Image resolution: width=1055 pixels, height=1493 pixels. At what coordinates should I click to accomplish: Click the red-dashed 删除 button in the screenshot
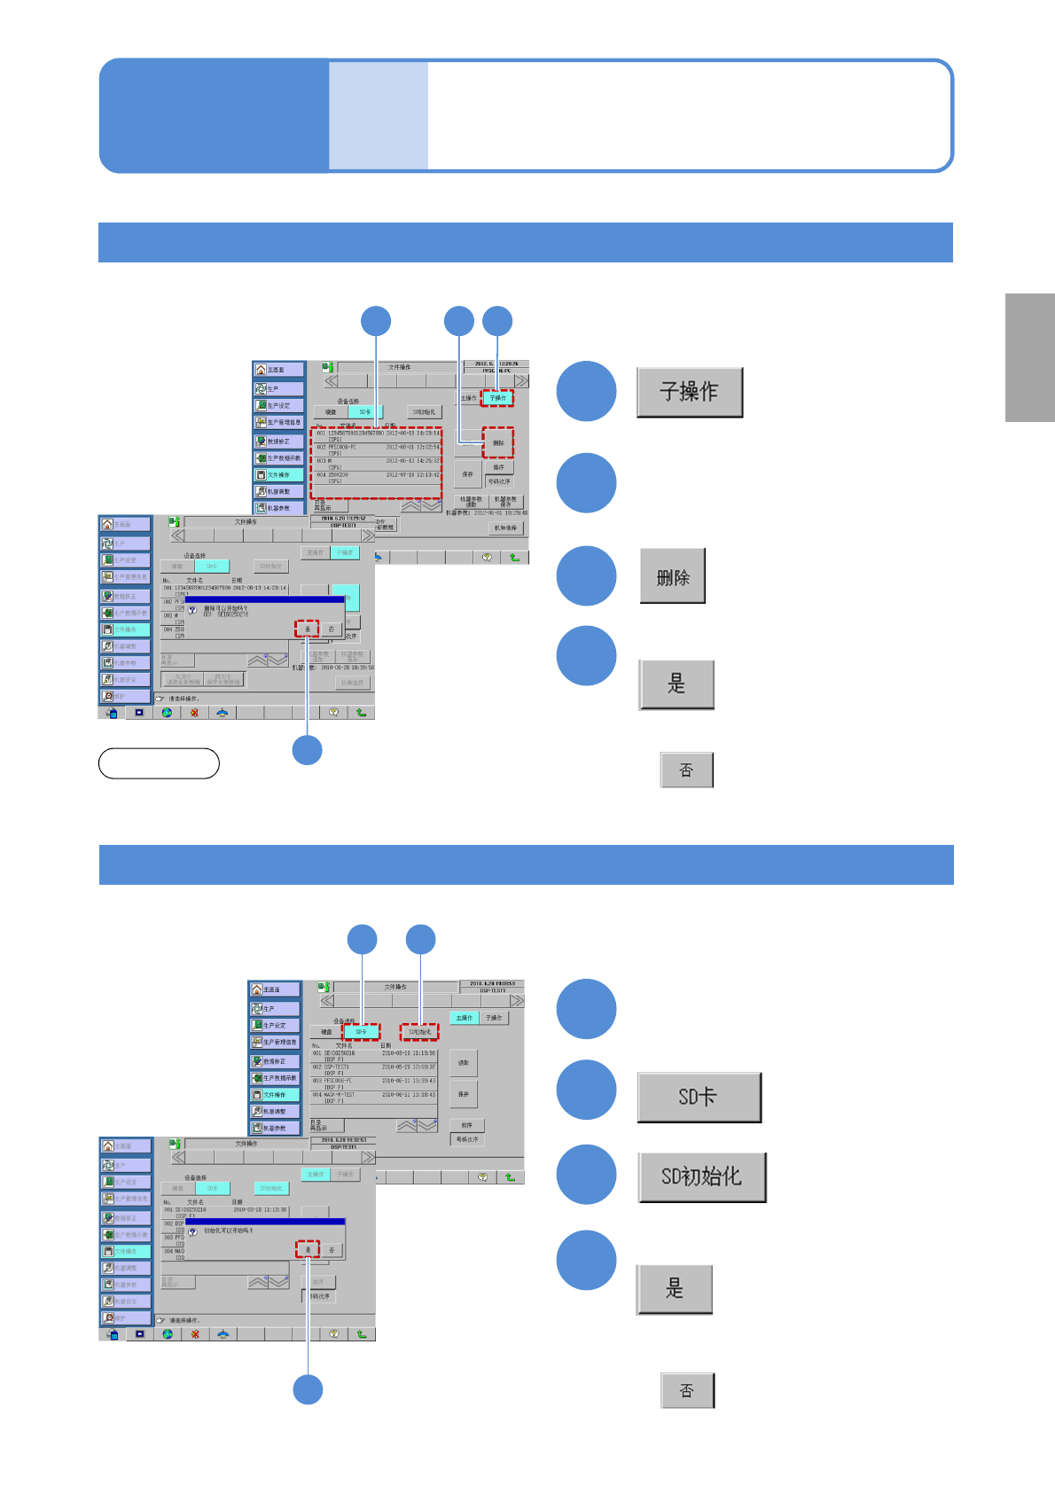(x=498, y=442)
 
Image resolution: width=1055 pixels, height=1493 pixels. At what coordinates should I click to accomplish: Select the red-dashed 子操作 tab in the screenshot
(x=497, y=398)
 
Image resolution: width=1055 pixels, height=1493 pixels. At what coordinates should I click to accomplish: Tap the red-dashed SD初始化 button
(x=419, y=1032)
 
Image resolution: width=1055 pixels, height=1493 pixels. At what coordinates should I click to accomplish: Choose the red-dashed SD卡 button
(x=362, y=1032)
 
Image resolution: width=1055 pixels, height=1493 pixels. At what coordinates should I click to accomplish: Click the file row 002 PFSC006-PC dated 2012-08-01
(x=377, y=449)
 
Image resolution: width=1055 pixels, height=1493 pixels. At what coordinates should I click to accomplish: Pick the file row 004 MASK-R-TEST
(x=373, y=1097)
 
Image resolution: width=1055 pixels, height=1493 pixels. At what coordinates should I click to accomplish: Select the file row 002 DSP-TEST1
(x=373, y=1068)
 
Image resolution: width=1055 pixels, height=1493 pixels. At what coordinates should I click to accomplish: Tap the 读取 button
(x=464, y=1062)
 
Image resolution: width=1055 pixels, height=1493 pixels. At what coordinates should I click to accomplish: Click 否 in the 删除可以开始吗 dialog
(x=332, y=629)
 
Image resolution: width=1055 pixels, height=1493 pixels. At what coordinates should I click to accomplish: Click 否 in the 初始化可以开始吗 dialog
(x=332, y=1249)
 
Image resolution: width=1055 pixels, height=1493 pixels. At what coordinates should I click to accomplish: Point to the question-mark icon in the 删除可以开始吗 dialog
(x=192, y=610)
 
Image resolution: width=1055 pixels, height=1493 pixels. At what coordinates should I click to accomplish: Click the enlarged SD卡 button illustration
(x=699, y=1097)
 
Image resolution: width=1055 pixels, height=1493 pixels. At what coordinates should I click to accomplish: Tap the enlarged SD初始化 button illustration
(x=701, y=1176)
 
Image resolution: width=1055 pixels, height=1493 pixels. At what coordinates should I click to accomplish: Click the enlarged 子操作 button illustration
(x=690, y=392)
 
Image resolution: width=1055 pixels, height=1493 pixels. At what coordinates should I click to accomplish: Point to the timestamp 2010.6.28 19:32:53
(x=343, y=1139)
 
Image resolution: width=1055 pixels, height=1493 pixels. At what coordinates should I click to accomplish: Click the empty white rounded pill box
(x=159, y=763)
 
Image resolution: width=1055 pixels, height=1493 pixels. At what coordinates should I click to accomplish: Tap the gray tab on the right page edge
(x=1030, y=357)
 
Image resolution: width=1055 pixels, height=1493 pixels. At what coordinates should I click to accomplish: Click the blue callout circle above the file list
(x=376, y=321)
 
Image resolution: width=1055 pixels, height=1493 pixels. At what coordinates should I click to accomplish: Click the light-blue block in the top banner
(x=379, y=115)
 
